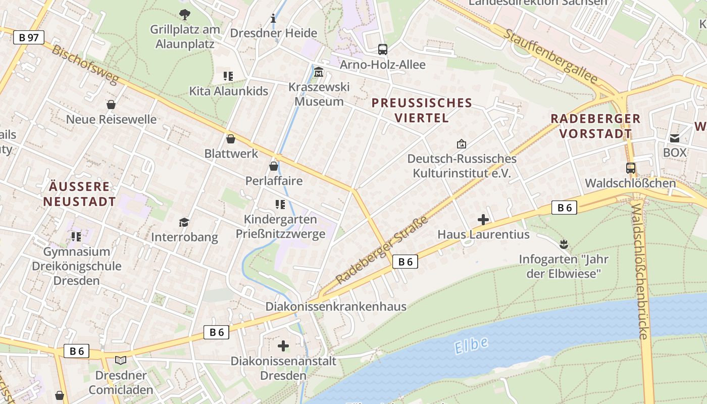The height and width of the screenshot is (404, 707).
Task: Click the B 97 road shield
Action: (29, 37)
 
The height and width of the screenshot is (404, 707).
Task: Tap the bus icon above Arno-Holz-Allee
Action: (383, 49)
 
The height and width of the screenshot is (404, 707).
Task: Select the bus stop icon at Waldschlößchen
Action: (630, 168)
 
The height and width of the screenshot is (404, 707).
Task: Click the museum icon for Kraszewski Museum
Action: (319, 73)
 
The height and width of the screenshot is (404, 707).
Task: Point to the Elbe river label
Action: (471, 346)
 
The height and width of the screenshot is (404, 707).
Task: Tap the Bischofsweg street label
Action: (84, 65)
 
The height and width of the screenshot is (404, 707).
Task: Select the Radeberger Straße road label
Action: (382, 250)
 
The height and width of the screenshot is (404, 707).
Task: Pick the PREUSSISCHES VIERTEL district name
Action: (422, 111)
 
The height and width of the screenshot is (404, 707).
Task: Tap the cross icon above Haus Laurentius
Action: (483, 220)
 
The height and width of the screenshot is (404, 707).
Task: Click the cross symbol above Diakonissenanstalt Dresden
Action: (283, 346)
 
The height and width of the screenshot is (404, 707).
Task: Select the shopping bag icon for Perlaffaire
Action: (274, 166)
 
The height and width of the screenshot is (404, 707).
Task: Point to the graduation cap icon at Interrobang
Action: (184, 222)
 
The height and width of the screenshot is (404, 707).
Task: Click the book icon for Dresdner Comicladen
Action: (121, 361)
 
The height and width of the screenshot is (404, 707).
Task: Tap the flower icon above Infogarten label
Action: (564, 244)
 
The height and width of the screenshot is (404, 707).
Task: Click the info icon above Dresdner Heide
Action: (274, 19)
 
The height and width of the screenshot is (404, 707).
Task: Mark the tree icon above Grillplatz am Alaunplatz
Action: (185, 15)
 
